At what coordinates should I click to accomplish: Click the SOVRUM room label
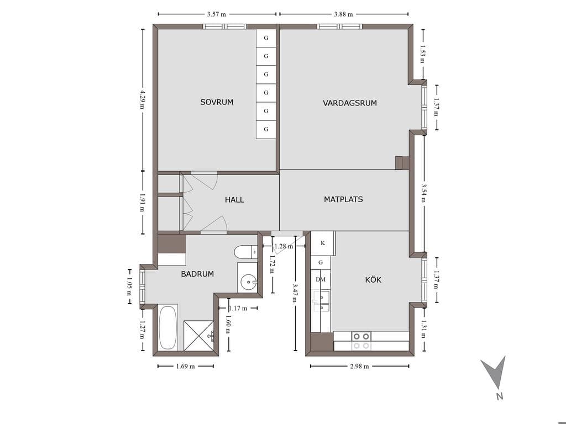(217, 102)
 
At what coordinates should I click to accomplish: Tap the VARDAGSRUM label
(350, 103)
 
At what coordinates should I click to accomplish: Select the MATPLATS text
(343, 199)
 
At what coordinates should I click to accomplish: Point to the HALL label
(234, 200)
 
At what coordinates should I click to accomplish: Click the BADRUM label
(197, 274)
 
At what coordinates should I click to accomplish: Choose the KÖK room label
(373, 280)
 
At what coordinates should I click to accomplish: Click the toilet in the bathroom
(245, 252)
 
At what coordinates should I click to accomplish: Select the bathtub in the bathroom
(168, 327)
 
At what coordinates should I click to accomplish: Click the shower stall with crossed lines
(199, 335)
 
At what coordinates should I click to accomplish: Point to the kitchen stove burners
(361, 341)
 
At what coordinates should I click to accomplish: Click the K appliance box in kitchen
(323, 243)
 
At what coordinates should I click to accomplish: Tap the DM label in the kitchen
(321, 279)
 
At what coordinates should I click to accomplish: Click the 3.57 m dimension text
(217, 14)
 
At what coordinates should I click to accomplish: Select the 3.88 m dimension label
(344, 14)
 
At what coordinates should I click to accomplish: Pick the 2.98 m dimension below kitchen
(359, 367)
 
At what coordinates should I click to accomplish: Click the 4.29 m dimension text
(143, 99)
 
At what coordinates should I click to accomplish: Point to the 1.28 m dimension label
(284, 246)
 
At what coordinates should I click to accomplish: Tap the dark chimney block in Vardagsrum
(402, 163)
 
